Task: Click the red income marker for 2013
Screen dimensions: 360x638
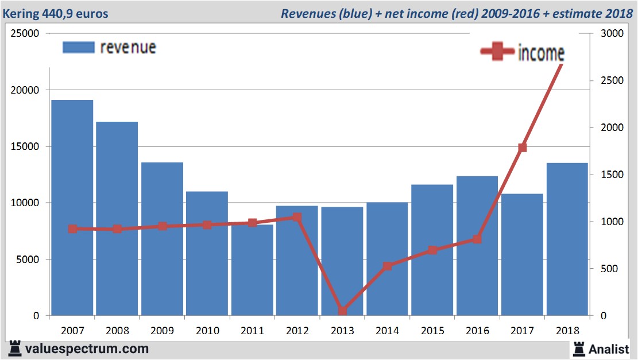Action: pos(342,311)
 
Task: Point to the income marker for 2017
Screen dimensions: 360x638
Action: pos(522,148)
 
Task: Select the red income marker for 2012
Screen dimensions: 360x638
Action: pos(297,218)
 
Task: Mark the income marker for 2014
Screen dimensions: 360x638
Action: pos(387,266)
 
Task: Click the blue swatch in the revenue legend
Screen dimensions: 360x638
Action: pos(78,47)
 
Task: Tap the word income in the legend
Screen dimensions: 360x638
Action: pos(541,53)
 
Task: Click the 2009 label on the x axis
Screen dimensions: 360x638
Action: pos(162,331)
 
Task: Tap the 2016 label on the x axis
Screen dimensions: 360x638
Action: pos(477,331)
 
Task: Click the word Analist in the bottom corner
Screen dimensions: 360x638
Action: pos(609,349)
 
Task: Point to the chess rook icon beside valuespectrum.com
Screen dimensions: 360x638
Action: pos(15,349)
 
